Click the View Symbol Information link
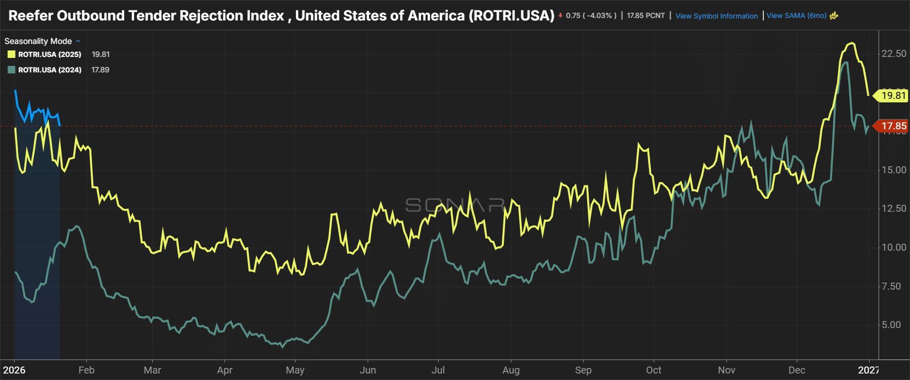716,16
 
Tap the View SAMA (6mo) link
796,15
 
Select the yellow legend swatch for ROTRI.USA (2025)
11,54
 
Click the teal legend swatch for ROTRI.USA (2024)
11,70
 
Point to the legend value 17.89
100,70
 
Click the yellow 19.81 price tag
893,95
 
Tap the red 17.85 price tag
893,126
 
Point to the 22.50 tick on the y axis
894,53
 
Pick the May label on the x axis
295,370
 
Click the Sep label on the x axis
583,370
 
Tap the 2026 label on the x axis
14,370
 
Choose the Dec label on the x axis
797,370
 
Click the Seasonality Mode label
38,41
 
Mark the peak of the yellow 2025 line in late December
852,43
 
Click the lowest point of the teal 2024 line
282,347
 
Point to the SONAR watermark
455,205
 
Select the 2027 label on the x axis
868,370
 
